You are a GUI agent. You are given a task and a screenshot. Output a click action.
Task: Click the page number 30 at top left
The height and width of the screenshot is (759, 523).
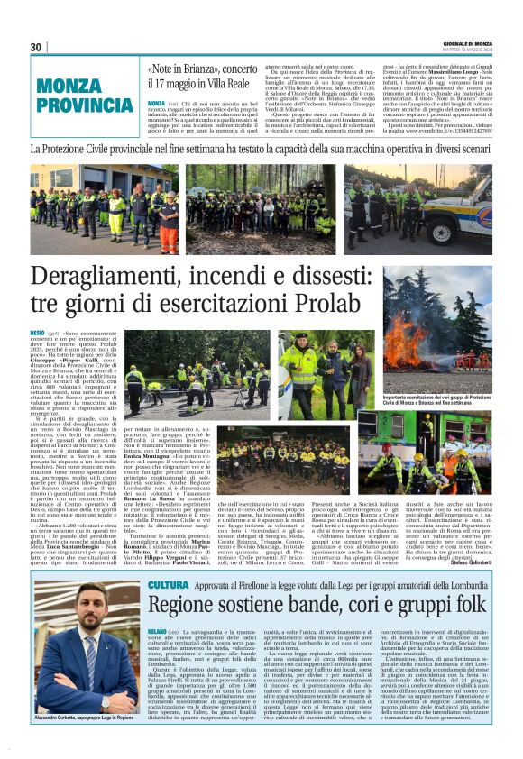tap(36, 47)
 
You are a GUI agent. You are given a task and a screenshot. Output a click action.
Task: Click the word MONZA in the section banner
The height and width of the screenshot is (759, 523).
tap(73, 87)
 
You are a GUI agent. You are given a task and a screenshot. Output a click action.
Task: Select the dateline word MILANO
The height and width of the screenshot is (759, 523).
tap(157, 632)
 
